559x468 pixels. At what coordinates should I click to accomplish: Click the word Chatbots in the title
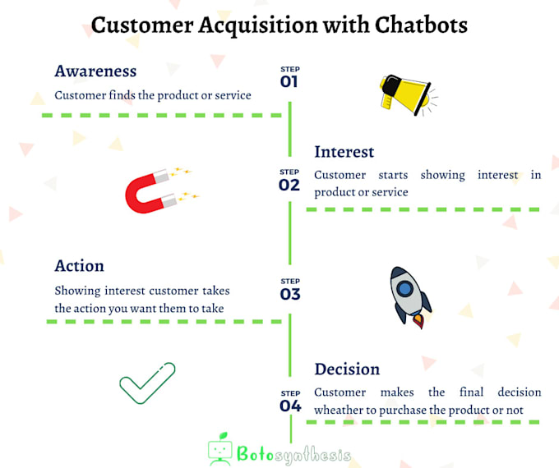point(422,25)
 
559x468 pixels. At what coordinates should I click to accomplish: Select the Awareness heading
point(95,71)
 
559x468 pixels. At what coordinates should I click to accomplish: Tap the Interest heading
point(344,152)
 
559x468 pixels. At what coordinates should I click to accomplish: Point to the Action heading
point(80,266)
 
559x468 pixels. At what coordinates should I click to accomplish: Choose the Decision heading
point(347,369)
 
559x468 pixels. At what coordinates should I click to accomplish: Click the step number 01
point(289,81)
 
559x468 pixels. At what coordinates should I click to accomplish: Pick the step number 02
point(289,185)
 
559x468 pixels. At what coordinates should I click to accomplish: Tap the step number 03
point(289,295)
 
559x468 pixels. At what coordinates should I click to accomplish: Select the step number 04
point(289,406)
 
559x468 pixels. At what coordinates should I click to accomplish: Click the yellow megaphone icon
point(404,92)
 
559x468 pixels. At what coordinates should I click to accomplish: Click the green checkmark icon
point(147,382)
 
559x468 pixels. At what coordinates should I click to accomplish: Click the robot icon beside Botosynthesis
point(220,451)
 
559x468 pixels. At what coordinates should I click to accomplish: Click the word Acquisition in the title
point(266,25)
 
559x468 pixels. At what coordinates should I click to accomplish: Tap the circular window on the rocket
point(404,287)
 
